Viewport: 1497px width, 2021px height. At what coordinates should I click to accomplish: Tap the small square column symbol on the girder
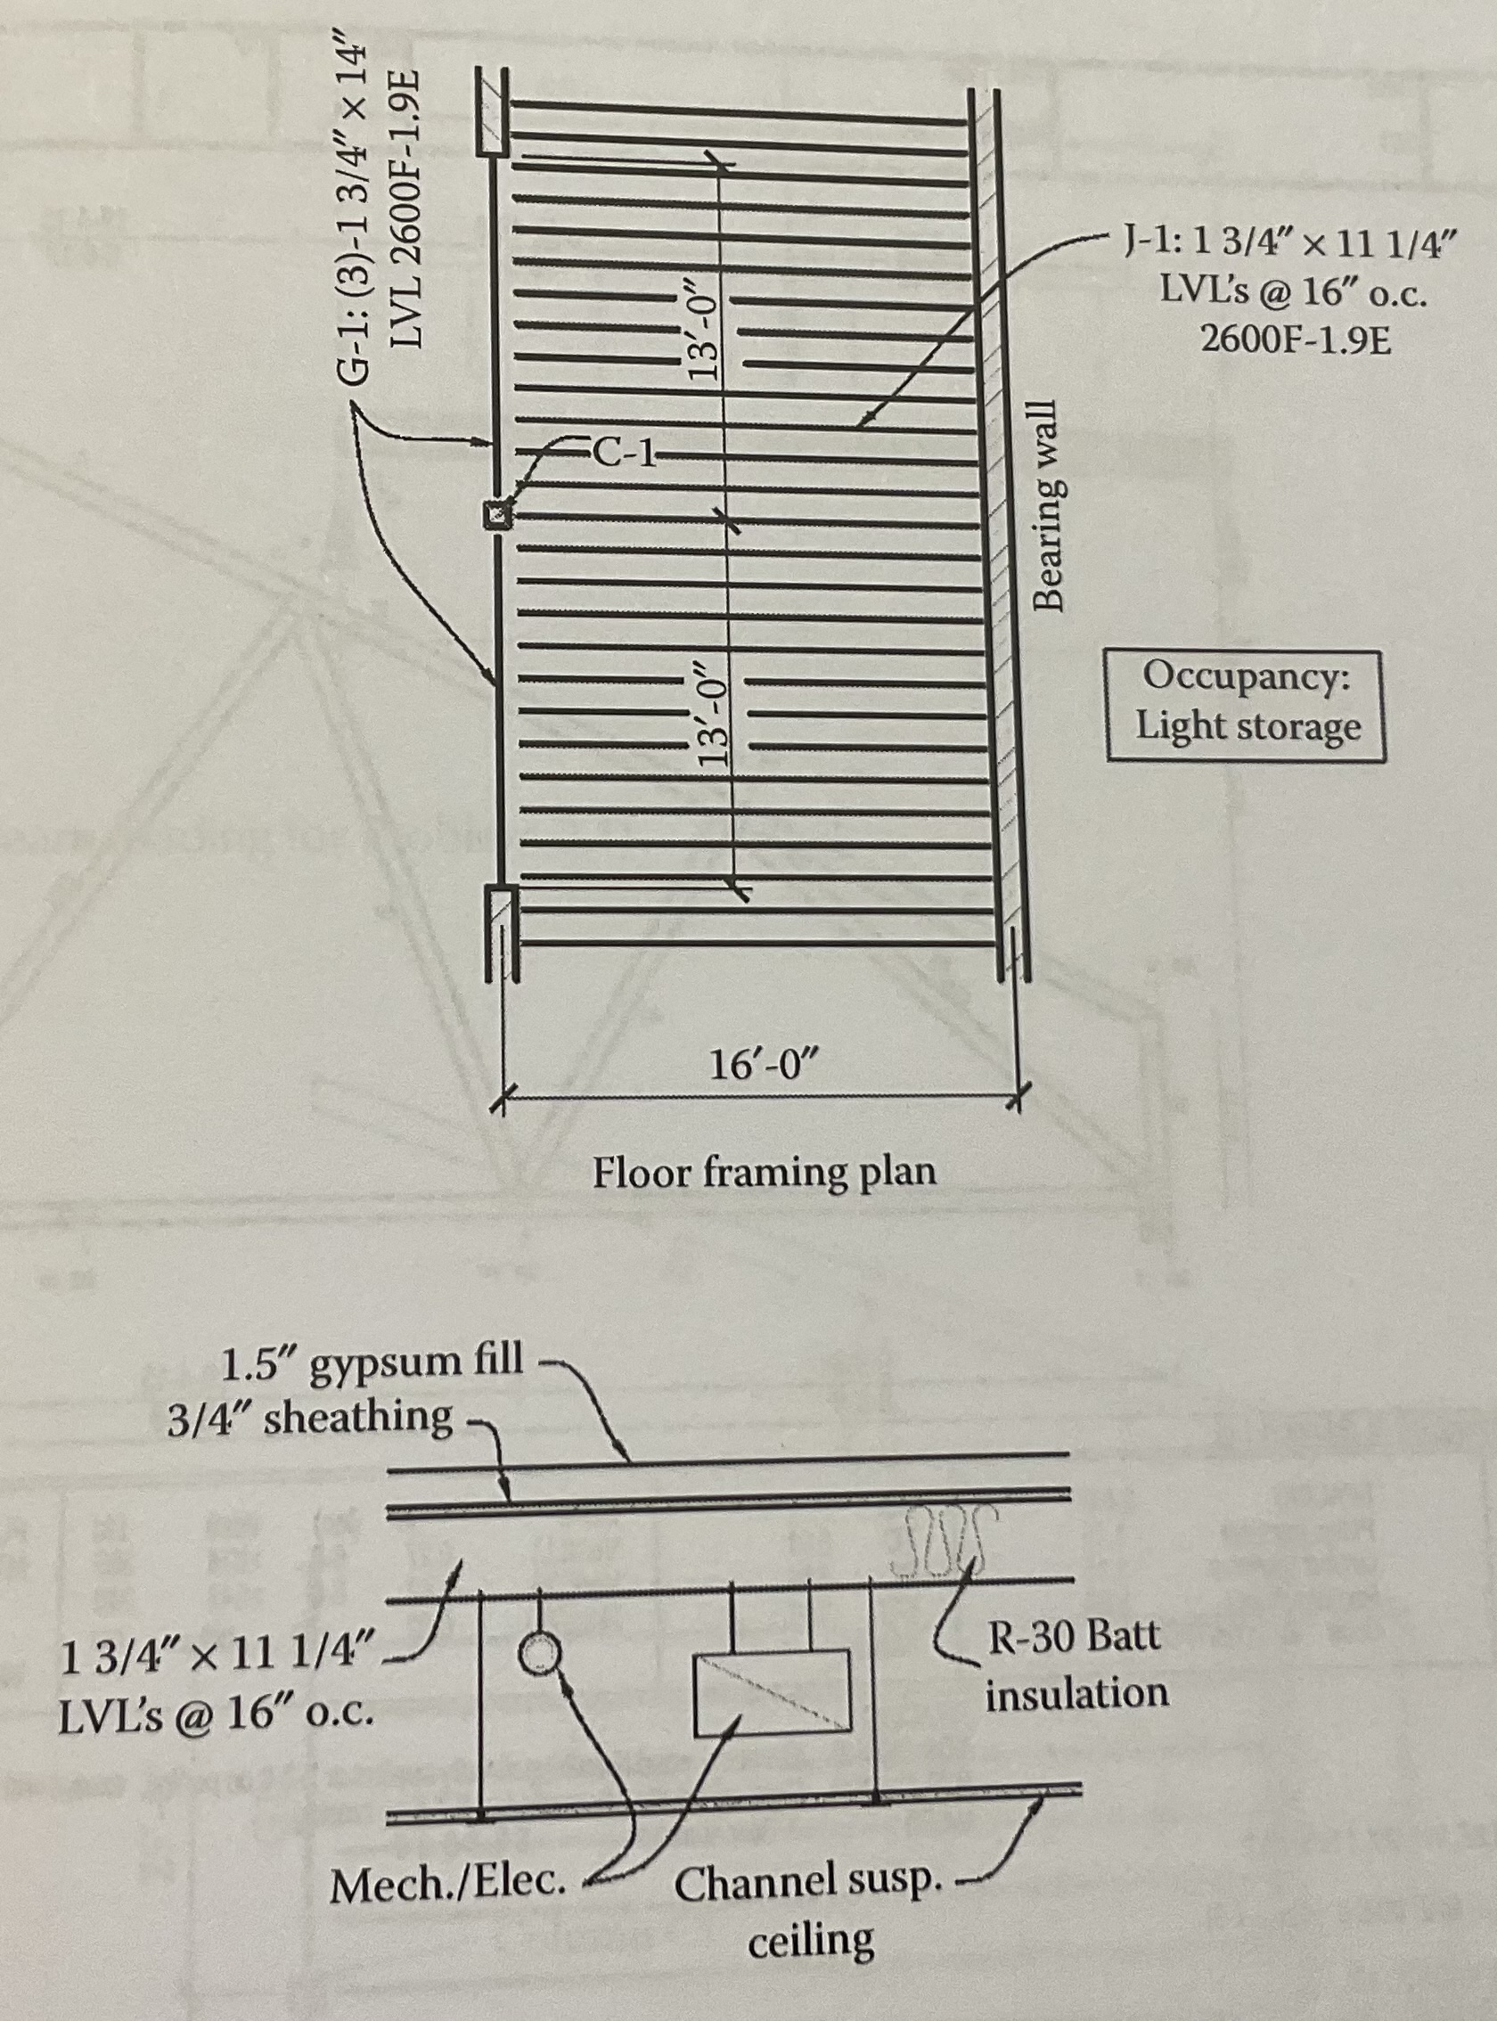click(x=495, y=516)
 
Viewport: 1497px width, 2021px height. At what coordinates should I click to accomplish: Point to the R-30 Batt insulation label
click(x=1076, y=1664)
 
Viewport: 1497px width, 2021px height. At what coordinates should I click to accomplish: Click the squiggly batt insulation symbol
click(x=944, y=1535)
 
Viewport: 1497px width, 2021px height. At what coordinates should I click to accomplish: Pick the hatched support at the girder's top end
click(x=494, y=115)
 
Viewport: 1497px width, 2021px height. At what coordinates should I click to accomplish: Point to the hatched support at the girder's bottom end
click(x=499, y=916)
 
